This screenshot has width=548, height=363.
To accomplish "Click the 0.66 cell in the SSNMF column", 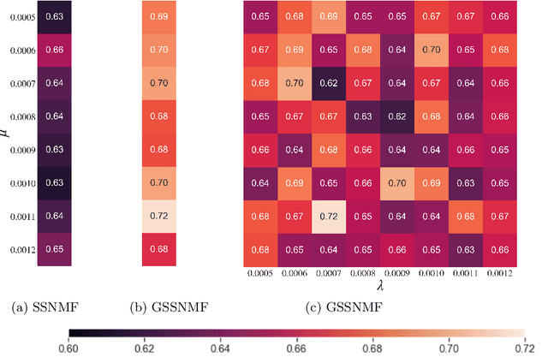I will point(54,51).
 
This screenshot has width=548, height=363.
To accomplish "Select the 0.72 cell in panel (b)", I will point(159,217).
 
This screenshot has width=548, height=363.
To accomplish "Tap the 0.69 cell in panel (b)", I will point(159,17).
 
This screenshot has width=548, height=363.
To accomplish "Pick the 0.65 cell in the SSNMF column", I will point(54,250).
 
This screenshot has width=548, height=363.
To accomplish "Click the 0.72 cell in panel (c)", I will point(331,217).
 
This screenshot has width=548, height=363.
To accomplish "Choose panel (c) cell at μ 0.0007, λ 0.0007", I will point(331,84).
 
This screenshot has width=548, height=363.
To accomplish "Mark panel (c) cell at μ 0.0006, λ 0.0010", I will point(432,51).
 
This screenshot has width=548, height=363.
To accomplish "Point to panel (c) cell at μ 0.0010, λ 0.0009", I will point(398,183).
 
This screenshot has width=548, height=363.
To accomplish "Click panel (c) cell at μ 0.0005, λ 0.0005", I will point(261,17).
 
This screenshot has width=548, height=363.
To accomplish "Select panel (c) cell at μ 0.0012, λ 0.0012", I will point(499,250).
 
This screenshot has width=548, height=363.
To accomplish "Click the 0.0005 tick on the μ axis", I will point(19,17).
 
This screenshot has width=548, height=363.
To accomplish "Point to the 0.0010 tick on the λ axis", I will point(432,274).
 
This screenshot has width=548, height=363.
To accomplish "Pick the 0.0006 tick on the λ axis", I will point(295,274).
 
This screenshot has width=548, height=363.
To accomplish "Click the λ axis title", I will point(380,289).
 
